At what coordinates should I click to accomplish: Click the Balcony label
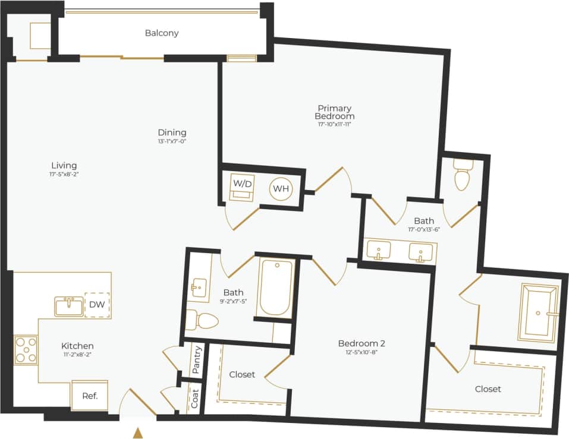pos(162,33)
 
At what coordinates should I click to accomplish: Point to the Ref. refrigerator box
pos(89,396)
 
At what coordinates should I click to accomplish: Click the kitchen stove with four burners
pos(26,350)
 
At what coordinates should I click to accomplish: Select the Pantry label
pos(196,359)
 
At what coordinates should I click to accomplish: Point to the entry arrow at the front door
pos(138,433)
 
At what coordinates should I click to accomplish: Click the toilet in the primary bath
pos(461,175)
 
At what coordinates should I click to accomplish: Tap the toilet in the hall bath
pos(200,321)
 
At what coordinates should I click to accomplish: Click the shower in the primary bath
pos(539,312)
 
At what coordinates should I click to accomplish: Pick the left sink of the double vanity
pos(378,251)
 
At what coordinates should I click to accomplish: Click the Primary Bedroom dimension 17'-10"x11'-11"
pos(335,124)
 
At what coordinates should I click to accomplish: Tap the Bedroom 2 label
pos(361,343)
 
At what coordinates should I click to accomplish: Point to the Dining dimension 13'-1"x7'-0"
pos(172,141)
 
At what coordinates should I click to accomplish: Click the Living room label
pos(64,165)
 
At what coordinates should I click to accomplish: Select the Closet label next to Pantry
pos(242,374)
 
